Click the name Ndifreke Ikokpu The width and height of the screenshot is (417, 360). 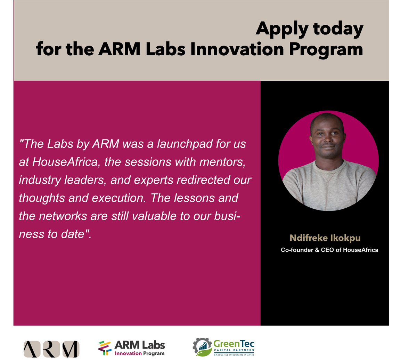pyautogui.click(x=325, y=238)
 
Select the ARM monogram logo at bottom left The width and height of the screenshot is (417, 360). pyautogui.click(x=51, y=349)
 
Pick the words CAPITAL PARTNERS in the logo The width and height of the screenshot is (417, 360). pyautogui.click(x=234, y=350)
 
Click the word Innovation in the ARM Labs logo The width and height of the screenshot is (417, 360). pyautogui.click(x=128, y=353)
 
